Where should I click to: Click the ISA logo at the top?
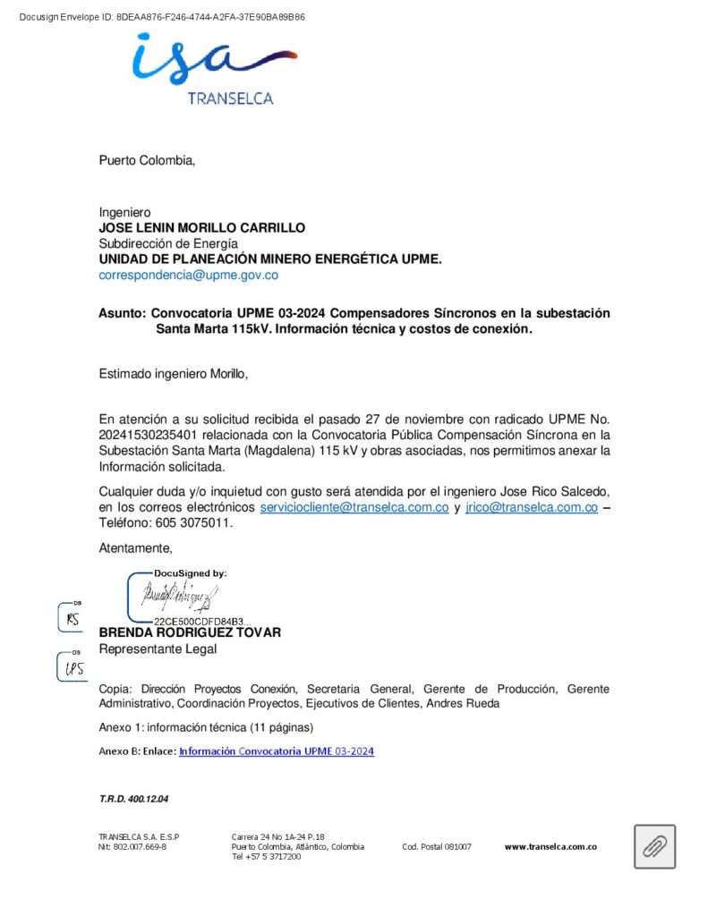coord(213,61)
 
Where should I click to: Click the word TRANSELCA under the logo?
coord(230,98)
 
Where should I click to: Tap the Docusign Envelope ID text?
coord(161,17)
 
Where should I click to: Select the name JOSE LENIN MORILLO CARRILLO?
coord(201,228)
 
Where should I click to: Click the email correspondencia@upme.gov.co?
coord(188,275)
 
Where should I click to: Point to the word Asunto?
coord(121,314)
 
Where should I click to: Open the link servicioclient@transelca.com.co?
coord(354,507)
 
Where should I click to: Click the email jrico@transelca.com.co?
coord(531,507)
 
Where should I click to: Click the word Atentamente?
coord(134,547)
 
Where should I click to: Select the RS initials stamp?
coord(73,617)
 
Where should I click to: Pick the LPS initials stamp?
coord(74,667)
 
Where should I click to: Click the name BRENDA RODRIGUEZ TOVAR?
coord(190,632)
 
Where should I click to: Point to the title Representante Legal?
coord(157,649)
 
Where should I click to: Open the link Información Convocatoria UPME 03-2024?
coord(276,751)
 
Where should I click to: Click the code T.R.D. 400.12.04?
coord(133,798)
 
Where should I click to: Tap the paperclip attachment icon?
coord(654,846)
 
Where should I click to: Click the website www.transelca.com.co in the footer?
coord(550,846)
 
